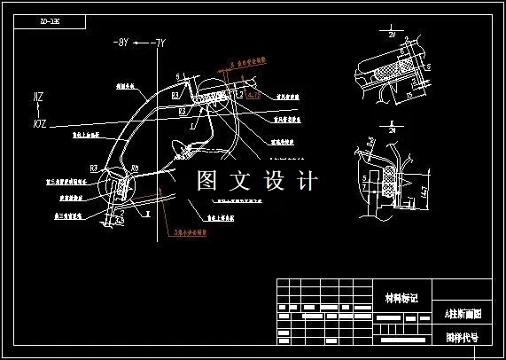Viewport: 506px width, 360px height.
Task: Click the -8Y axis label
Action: (x=121, y=42)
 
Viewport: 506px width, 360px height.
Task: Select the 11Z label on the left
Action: (x=38, y=96)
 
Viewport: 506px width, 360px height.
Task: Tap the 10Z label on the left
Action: (x=38, y=113)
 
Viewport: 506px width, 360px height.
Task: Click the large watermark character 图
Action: (x=208, y=182)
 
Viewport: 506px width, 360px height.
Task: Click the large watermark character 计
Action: (x=306, y=182)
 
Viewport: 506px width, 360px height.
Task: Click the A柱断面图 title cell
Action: (x=461, y=315)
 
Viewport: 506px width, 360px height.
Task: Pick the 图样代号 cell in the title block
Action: (x=461, y=337)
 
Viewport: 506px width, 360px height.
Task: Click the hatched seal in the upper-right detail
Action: (x=389, y=67)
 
